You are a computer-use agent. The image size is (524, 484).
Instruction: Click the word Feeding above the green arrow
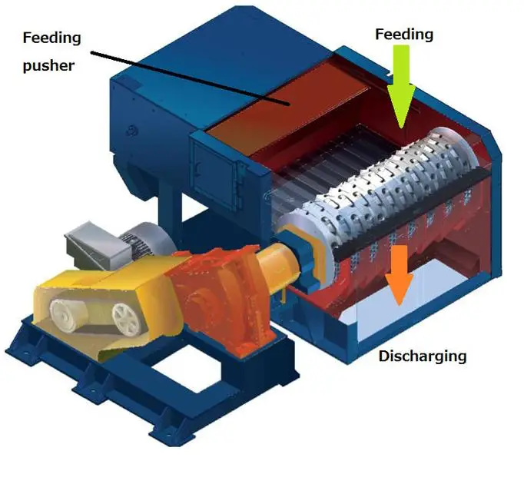click(x=403, y=35)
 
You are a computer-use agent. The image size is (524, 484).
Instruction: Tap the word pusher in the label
click(x=48, y=65)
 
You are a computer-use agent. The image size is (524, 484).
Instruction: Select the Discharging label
click(x=422, y=356)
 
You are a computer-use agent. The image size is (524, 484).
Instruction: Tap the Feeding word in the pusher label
click(x=51, y=37)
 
